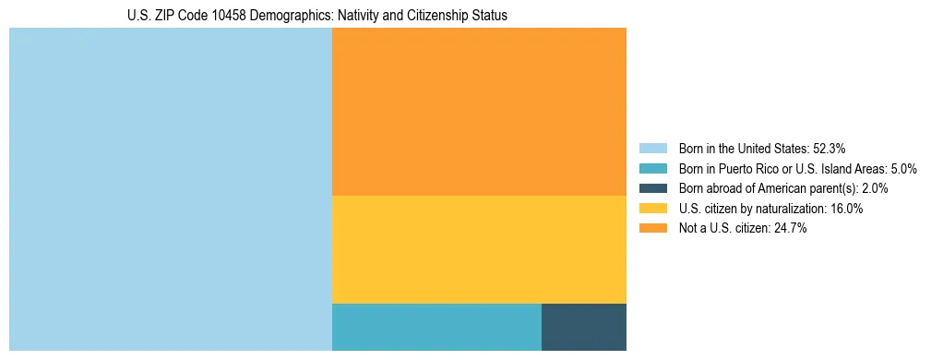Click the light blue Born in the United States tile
click(170, 189)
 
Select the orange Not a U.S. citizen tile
click(478, 111)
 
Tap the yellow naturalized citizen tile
click(478, 249)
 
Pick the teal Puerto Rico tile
click(436, 327)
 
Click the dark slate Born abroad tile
click(583, 327)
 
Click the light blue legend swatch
click(652, 148)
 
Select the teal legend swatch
click(652, 168)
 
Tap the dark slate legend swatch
click(652, 188)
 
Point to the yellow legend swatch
click(652, 209)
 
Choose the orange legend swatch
click(652, 229)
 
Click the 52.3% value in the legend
click(829, 148)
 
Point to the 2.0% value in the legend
click(875, 188)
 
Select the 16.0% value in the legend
click(847, 209)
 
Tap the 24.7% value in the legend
click(791, 229)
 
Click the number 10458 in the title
click(220, 16)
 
